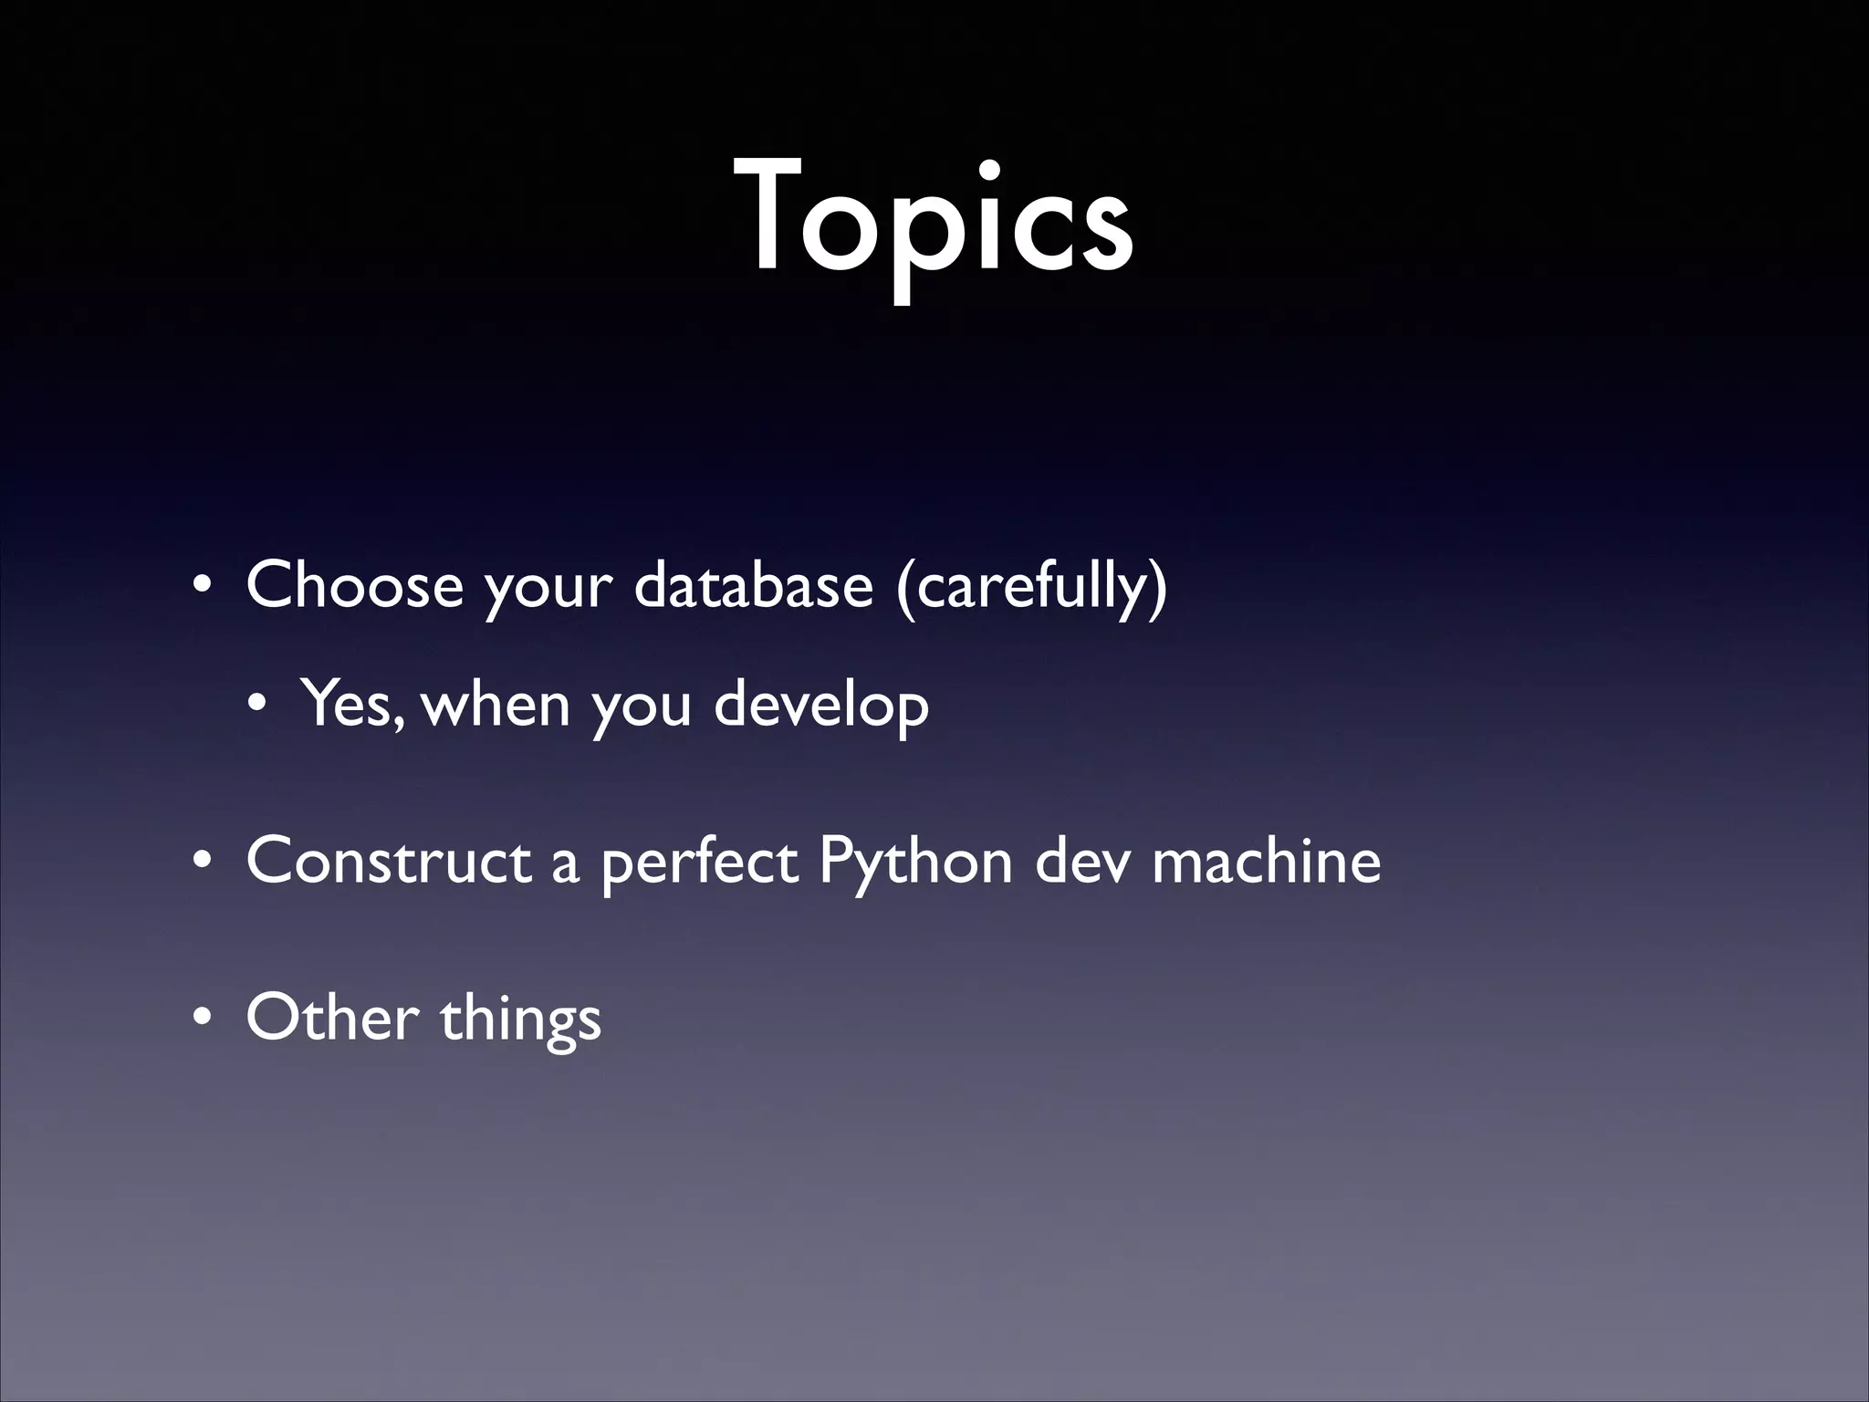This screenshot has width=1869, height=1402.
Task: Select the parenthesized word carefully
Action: coord(1031,586)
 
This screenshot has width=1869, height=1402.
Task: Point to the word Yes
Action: coord(351,705)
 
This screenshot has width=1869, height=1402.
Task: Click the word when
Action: coord(497,705)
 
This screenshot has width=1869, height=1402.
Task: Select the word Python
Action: coord(915,863)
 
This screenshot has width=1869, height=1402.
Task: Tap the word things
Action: coord(520,1020)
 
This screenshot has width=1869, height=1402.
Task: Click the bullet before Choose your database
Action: coord(202,587)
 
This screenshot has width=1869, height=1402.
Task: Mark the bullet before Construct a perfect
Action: coord(202,863)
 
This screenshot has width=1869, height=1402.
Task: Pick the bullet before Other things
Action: coord(202,1020)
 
